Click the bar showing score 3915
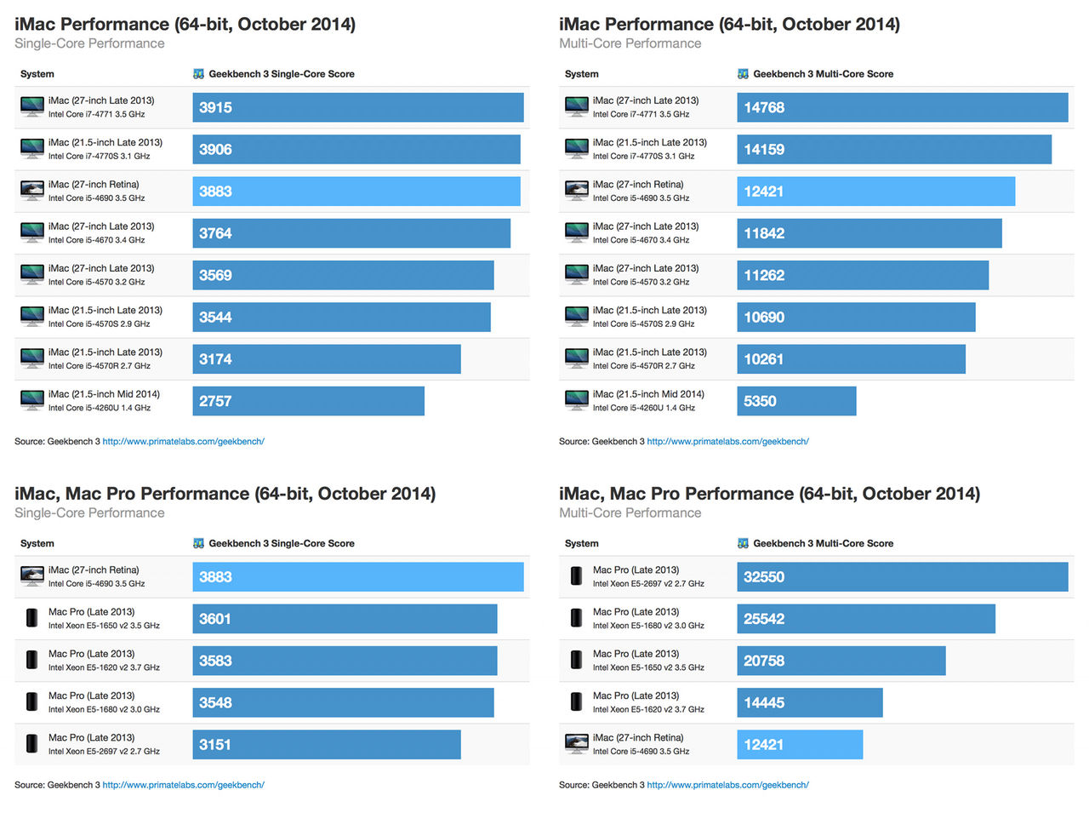357,107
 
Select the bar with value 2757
308,401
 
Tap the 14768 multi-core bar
902,107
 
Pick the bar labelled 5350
796,401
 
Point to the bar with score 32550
902,576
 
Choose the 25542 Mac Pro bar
866,619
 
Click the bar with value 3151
326,745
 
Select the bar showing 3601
345,619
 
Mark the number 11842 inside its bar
764,233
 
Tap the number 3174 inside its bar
215,359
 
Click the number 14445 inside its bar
764,703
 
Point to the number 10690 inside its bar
764,318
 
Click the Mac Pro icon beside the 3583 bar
32,660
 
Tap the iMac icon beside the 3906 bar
32,148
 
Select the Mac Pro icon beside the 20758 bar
577,660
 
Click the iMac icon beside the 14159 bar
577,148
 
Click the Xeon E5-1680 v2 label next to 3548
104,710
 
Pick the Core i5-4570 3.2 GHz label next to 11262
641,282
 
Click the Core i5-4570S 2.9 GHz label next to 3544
99,324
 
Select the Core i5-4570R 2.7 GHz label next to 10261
643,366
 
